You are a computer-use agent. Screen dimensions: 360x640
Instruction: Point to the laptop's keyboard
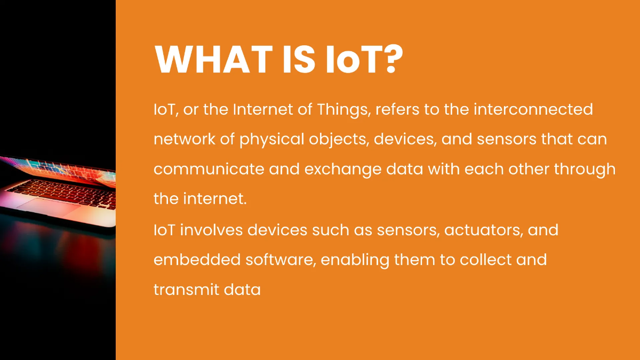pos(64,189)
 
